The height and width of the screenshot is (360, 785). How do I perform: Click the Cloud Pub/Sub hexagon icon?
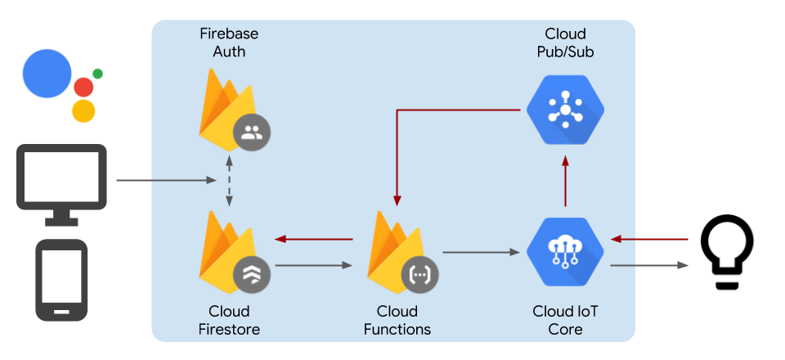pyautogui.click(x=565, y=109)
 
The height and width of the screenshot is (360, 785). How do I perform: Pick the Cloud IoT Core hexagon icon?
pyautogui.click(x=565, y=250)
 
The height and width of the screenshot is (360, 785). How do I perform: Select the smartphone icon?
pyautogui.click(x=61, y=280)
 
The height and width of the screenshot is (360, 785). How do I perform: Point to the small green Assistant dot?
pyautogui.click(x=98, y=74)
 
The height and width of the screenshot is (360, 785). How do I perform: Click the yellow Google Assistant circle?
pyautogui.click(x=83, y=111)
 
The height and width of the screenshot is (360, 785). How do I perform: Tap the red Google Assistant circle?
pyautogui.click(x=83, y=87)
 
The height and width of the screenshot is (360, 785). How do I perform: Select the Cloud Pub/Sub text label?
pyautogui.click(x=565, y=43)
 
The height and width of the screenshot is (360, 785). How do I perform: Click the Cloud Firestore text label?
pyautogui.click(x=229, y=320)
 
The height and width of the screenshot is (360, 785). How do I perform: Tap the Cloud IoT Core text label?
pyautogui.click(x=565, y=320)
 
